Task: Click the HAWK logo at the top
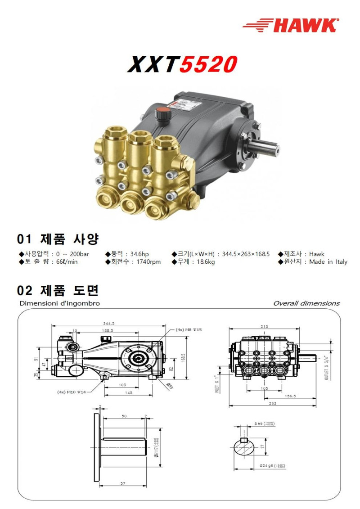291,25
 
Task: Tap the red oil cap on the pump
161,113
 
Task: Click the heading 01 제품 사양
58,239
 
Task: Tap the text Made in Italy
328,262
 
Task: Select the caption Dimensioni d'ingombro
59,303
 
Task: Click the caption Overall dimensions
306,303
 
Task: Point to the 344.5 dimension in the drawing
109,323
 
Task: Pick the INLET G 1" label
217,384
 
